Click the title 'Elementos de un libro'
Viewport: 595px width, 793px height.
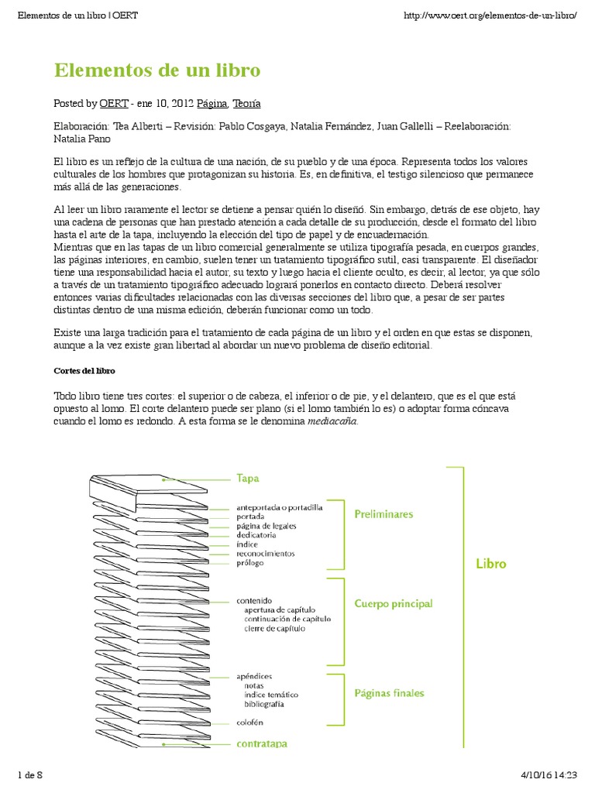tap(157, 70)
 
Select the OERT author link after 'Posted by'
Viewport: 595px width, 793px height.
tap(114, 103)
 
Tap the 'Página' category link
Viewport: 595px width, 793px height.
tap(212, 103)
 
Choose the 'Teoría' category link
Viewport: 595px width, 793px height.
tap(246, 103)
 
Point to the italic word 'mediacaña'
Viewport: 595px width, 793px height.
tap(333, 422)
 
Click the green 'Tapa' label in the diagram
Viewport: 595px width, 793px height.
tap(248, 479)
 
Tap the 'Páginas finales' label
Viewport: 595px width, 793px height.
tap(389, 693)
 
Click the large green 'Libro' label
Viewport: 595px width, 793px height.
tap(490, 564)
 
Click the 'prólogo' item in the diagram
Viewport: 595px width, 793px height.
tap(250, 563)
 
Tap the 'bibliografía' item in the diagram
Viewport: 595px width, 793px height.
tap(263, 705)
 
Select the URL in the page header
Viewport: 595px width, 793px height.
tap(491, 15)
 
